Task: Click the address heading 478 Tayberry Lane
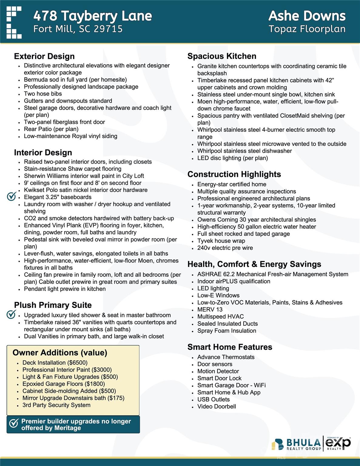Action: coord(93,16)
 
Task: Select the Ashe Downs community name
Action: coord(307,16)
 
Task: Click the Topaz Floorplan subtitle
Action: coord(307,29)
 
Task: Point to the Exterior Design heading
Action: coord(44,56)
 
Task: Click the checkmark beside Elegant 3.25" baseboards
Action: coord(11,197)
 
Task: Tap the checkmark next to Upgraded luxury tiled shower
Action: coord(11,315)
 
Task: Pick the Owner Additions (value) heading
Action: coord(60,353)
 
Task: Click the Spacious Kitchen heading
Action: coord(222,56)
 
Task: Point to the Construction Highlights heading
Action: coord(234,174)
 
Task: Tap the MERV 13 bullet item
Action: coord(210,309)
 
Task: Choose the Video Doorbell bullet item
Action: coord(217,407)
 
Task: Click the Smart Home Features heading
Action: coord(230,347)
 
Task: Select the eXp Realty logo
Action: coord(338,443)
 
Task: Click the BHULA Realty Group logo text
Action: coord(303,444)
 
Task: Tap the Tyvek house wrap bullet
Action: coord(221,241)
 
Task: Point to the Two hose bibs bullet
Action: coord(43,94)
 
